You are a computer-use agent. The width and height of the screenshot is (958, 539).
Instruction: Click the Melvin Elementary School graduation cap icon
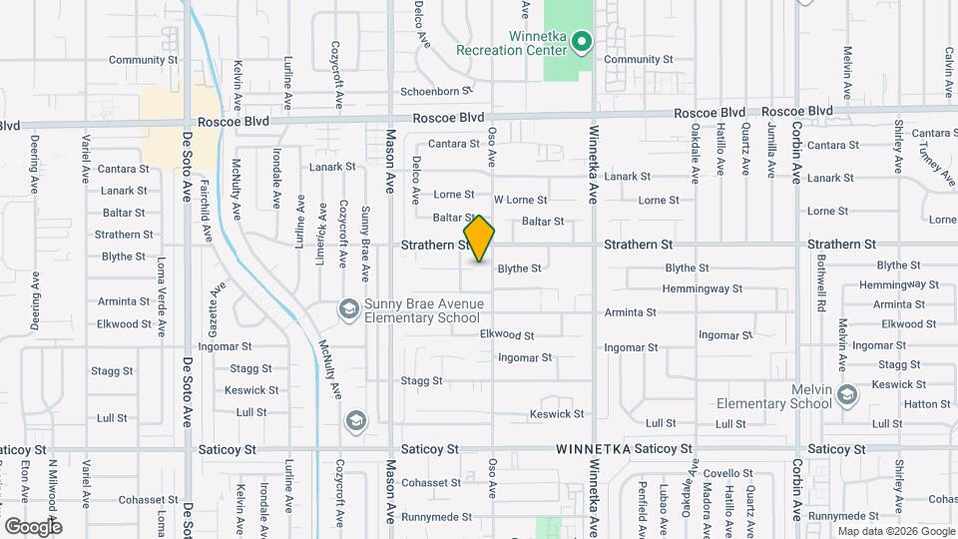tap(846, 395)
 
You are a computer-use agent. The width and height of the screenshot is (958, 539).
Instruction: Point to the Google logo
tap(33, 526)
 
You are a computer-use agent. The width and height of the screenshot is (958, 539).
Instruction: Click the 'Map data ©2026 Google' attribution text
tap(895, 531)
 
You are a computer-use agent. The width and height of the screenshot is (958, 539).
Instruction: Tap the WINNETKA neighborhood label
tap(593, 449)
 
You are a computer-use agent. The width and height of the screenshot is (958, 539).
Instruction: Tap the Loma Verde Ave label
tap(160, 294)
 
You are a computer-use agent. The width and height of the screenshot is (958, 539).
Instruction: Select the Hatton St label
tap(928, 404)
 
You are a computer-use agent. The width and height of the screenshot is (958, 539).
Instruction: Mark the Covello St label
tap(727, 473)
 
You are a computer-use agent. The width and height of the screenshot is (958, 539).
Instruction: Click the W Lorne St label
tap(521, 200)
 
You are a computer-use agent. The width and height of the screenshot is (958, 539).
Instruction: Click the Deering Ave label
tap(35, 163)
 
